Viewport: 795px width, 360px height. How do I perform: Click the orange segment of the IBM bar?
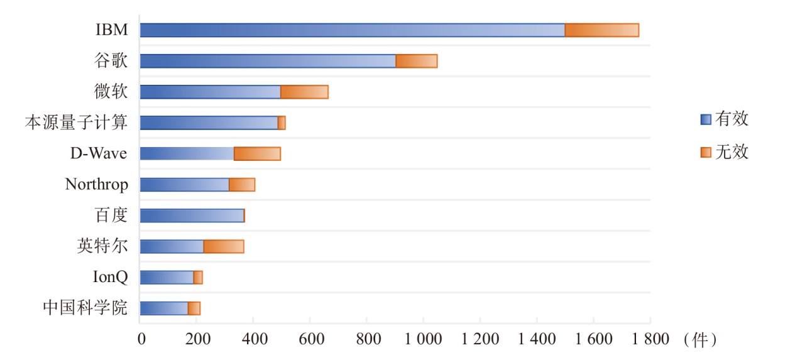[x=601, y=30]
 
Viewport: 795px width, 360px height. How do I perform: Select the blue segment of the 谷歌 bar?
[x=268, y=61]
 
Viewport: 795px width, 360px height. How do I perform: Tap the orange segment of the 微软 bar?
[x=304, y=92]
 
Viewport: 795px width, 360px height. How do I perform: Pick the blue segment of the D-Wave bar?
[x=187, y=153]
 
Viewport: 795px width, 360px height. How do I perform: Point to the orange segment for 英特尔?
[x=224, y=246]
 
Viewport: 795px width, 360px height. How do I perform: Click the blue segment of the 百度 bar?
[x=192, y=215]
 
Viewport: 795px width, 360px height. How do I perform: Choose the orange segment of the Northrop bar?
[x=242, y=185]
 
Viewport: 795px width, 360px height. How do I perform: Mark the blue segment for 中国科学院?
[x=164, y=308]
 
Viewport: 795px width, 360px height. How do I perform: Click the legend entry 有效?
[x=732, y=119]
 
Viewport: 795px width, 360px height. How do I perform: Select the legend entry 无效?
[x=732, y=152]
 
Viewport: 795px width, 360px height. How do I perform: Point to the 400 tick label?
[x=253, y=340]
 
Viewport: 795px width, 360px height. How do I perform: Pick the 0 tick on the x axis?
[x=141, y=340]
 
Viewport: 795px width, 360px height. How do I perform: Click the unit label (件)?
[x=699, y=340]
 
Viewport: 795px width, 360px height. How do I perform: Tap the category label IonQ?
[x=110, y=277]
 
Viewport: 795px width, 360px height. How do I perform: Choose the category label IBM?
[x=112, y=30]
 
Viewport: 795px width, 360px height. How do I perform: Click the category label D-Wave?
[x=99, y=153]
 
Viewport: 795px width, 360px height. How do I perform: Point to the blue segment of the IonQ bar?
[x=167, y=277]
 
